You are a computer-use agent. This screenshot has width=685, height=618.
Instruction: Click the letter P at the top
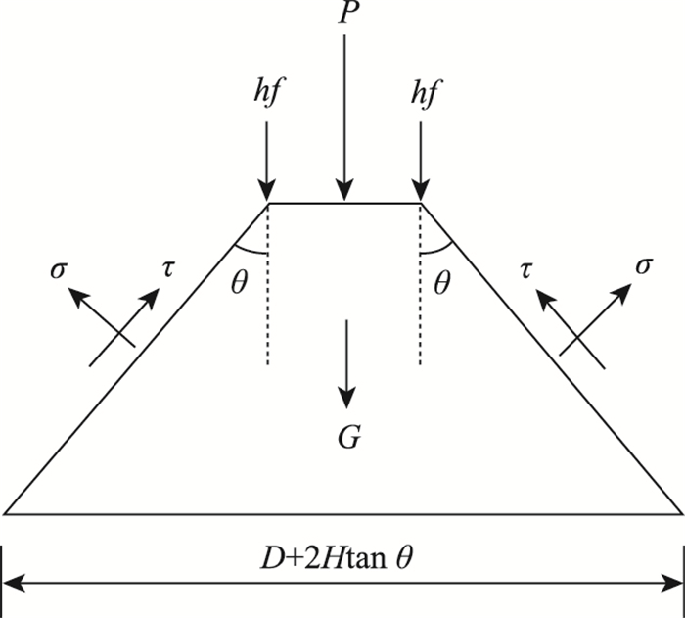click(x=343, y=14)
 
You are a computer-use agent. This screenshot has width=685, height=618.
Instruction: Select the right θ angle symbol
click(x=443, y=284)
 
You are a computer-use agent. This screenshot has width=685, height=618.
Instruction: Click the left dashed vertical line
click(x=267, y=294)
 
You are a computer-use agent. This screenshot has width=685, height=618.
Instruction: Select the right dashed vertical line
click(x=420, y=294)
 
